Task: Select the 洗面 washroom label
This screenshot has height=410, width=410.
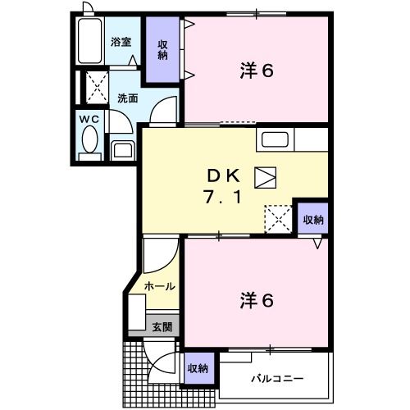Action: point(126,98)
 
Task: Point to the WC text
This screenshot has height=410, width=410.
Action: point(89,120)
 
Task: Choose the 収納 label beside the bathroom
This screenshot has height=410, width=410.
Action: point(164,50)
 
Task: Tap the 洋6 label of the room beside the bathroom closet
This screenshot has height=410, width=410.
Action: point(256,71)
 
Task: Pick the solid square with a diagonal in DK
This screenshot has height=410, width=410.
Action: point(265,175)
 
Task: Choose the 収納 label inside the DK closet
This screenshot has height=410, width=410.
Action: point(313,219)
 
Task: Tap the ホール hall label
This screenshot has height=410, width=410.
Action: point(159,286)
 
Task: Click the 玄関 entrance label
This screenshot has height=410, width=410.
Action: point(162,326)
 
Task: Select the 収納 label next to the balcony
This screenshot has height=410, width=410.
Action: point(197,367)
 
